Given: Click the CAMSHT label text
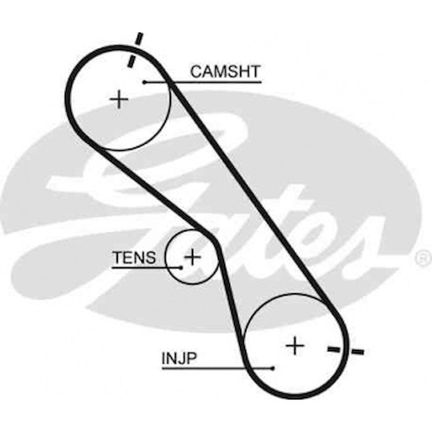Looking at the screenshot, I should click(225, 71).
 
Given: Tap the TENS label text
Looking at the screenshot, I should click(134, 258).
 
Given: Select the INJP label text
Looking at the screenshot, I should click(179, 358).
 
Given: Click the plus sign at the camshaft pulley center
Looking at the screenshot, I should click(119, 99).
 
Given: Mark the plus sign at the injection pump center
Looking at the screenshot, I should click(295, 345).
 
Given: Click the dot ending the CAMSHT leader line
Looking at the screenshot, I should click(145, 82).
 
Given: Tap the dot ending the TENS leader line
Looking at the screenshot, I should click(181, 267).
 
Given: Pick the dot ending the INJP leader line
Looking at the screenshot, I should click(273, 368).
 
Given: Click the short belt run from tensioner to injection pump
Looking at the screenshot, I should click(231, 293).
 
